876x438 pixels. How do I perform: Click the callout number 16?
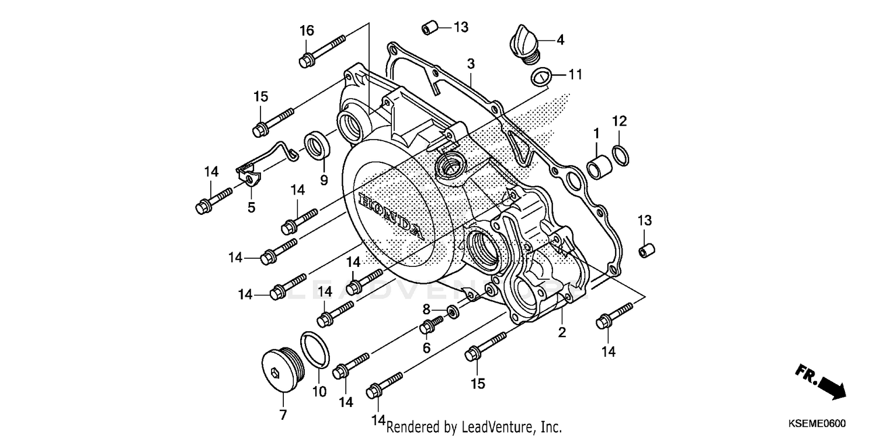pos(307,30)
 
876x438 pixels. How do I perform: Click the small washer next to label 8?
pos(452,310)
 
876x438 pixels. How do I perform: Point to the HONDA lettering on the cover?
pos(390,215)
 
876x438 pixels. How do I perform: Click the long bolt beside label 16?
pos(324,50)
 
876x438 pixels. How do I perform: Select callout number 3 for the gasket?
pos(470,64)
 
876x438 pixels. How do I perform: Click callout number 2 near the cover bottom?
pos(562,333)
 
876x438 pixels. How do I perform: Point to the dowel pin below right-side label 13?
pos(646,251)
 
